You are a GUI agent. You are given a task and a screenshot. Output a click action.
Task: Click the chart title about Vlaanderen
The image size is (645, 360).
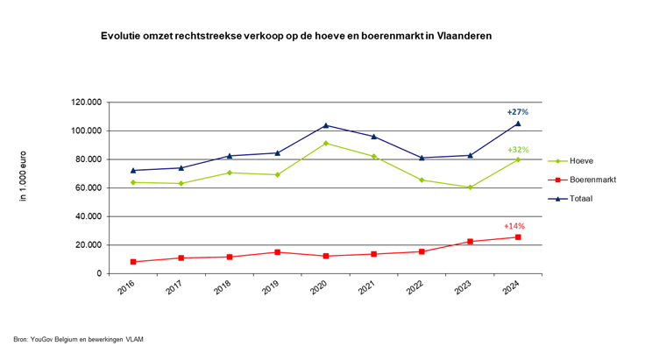pos(296,36)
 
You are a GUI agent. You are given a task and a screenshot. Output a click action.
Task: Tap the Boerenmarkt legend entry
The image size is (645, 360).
pos(593,180)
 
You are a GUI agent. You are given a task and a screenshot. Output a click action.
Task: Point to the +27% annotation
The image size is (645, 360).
pos(517,112)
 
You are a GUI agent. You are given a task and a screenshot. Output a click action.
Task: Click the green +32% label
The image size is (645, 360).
pos(517,150)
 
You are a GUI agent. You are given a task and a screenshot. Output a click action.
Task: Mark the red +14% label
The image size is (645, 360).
pos(514,226)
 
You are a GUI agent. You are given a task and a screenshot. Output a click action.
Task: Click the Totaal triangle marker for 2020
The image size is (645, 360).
pos(326,125)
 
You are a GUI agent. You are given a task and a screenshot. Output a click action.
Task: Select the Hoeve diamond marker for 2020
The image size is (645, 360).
pos(326,143)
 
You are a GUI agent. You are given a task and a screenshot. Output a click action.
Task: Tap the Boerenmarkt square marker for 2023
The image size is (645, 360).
pos(470,242)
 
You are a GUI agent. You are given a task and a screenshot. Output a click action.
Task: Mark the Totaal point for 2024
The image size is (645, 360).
pos(518,124)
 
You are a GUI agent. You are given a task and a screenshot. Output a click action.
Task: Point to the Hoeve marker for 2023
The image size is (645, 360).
pos(470,187)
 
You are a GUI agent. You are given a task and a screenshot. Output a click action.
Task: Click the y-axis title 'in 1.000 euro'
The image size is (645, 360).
pos(24,176)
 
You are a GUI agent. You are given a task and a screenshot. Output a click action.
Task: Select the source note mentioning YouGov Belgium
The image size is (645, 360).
pos(78,339)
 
